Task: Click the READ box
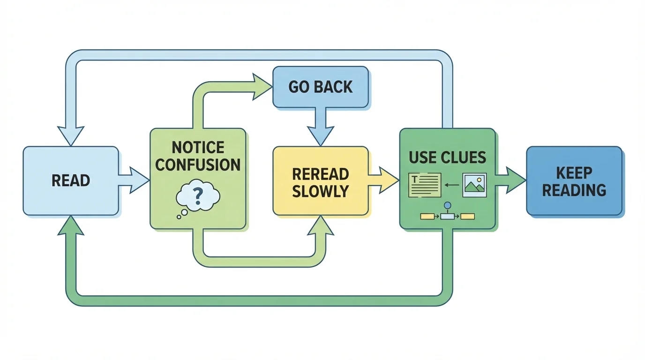(70, 180)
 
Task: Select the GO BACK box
(321, 87)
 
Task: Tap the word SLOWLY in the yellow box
(320, 191)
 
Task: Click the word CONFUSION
(198, 165)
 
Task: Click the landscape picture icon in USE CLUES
(474, 185)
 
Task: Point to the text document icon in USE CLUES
(425, 185)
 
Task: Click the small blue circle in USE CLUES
(447, 205)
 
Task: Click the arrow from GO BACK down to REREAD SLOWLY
(321, 126)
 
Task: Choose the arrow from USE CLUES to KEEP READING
(511, 180)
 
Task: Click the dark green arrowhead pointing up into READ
(70, 226)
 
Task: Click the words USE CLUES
(447, 157)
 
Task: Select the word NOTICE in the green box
(198, 148)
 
